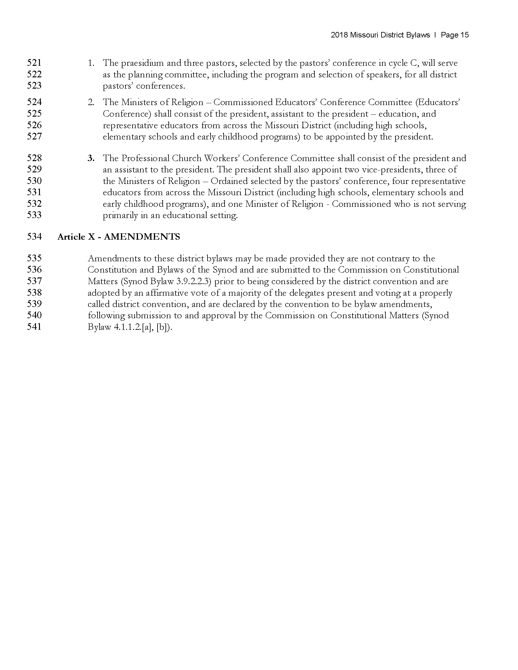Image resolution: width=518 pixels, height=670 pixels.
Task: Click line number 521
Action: click(34, 63)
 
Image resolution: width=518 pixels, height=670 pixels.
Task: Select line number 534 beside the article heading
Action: click(34, 237)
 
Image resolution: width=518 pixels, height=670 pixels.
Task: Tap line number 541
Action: click(34, 327)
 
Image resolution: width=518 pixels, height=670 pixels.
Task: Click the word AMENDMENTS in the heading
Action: click(142, 237)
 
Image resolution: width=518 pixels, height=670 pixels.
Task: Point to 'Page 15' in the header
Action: click(455, 35)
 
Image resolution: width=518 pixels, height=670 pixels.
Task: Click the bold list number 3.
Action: click(91, 158)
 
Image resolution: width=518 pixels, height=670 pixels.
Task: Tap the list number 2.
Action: click(91, 102)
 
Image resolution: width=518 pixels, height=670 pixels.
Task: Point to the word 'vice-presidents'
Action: click(389, 170)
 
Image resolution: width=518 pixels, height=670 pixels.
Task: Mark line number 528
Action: click(34, 158)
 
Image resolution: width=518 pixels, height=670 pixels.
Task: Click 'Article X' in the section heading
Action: click(76, 237)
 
